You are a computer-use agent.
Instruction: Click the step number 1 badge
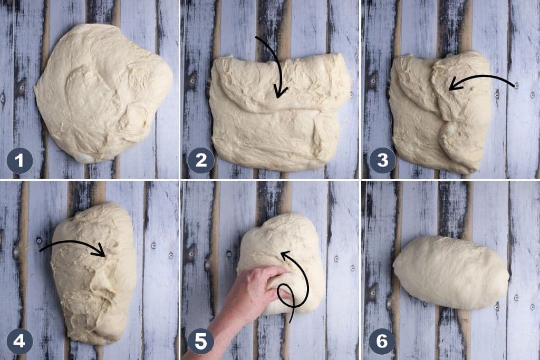point(20,161)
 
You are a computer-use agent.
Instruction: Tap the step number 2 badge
point(201,161)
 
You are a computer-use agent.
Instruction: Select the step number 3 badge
point(382,161)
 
